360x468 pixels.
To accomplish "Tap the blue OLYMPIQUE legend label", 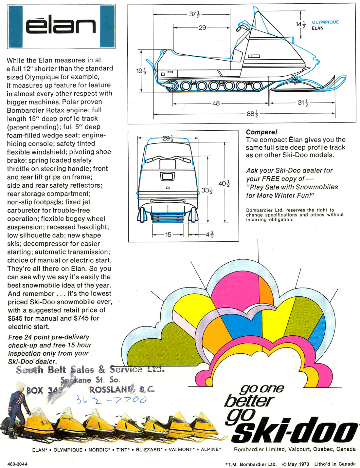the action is [x=325, y=22].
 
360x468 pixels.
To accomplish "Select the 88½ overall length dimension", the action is [x=252, y=114].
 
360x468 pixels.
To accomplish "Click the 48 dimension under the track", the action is [x=216, y=103].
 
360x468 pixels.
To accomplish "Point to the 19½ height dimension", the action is [x=141, y=71].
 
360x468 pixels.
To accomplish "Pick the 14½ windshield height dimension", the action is [x=301, y=24].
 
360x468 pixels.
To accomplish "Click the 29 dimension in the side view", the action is [x=202, y=28].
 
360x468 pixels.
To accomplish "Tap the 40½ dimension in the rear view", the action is [x=224, y=184].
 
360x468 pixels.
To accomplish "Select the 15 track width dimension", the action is [x=168, y=234].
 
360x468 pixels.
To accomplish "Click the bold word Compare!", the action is [x=261, y=132].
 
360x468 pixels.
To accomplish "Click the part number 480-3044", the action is [x=17, y=464].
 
